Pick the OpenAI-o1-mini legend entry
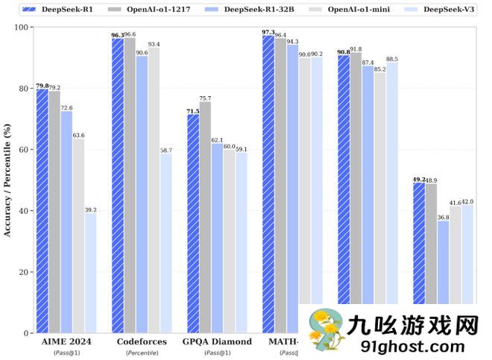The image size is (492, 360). (353, 9)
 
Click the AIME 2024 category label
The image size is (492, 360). (66, 341)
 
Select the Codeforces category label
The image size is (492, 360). (141, 341)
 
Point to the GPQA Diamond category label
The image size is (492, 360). (217, 341)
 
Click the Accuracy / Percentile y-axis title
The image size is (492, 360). (7, 180)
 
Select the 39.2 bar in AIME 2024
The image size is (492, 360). (90, 273)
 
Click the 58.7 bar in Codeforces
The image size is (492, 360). (165, 243)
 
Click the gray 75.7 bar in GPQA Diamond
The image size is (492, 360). (205, 217)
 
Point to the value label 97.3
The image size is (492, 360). (268, 32)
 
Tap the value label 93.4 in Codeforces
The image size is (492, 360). (154, 44)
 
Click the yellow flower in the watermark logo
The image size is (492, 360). (325, 328)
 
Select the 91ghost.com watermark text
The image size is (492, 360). (411, 345)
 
